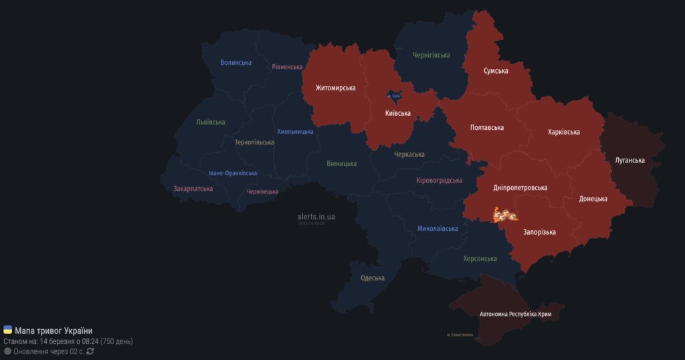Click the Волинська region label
click(235, 63)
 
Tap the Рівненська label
click(287, 67)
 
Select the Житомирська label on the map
click(336, 88)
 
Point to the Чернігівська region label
click(431, 55)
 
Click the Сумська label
click(496, 71)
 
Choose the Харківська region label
click(563, 132)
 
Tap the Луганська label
click(629, 161)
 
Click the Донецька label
click(593, 199)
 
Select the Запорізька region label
click(539, 232)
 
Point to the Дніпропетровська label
click(520, 188)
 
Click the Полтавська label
click(487, 127)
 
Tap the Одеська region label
click(372, 278)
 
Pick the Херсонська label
click(480, 258)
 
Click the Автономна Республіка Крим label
click(520, 314)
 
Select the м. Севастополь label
click(460, 335)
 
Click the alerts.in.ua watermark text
click(316, 217)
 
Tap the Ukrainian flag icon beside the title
click(7, 330)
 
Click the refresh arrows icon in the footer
click(90, 351)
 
